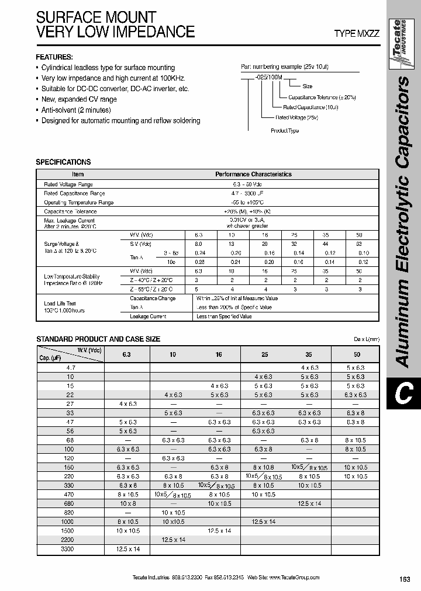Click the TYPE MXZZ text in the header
[357, 34]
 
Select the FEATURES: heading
[54, 57]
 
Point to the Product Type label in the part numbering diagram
[285, 131]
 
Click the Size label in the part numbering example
[307, 86]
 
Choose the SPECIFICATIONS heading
[63, 162]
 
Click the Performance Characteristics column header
[253, 174]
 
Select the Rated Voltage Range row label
[68, 184]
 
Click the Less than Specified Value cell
[224, 317]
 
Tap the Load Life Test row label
[60, 304]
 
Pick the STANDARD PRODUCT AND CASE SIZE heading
[98, 339]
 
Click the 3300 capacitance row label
[67, 550]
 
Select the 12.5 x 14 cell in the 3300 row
[127, 550]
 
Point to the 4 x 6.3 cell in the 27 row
[127, 403]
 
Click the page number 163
[405, 579]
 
